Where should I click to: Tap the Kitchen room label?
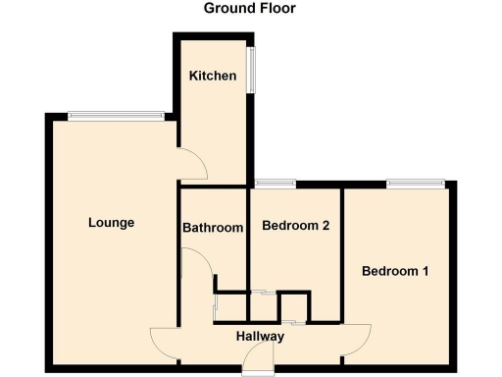(213, 76)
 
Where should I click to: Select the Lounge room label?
(111, 222)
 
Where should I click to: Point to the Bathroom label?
(213, 228)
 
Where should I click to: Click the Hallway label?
(260, 337)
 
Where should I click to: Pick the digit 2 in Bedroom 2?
(325, 225)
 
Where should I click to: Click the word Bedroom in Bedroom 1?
(390, 271)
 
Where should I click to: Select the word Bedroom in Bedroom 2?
(289, 225)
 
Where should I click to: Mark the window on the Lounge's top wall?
(116, 115)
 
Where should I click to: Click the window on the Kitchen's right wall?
(253, 73)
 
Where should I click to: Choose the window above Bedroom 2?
(276, 183)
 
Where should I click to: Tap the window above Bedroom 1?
(417, 183)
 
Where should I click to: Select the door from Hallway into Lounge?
(165, 341)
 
